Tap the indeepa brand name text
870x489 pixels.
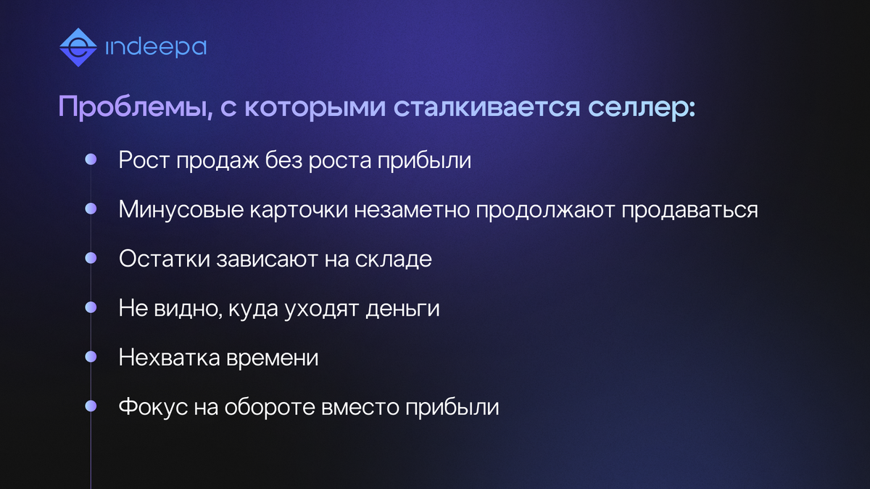point(156,48)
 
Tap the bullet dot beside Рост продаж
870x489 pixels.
point(91,159)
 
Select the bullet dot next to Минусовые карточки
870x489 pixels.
point(91,209)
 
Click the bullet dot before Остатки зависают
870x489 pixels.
point(91,258)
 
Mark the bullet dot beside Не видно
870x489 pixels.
point(91,307)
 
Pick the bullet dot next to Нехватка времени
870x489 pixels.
point(91,356)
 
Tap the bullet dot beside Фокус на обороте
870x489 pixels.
point(91,406)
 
